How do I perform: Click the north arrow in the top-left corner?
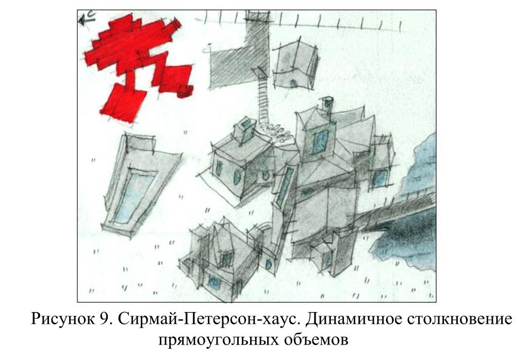tap(87, 19)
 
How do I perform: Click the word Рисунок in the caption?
tap(63, 319)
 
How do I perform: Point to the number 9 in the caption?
tap(104, 318)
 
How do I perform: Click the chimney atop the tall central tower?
tap(326, 104)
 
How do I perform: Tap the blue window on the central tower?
tap(320, 142)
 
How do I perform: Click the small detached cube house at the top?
tap(295, 66)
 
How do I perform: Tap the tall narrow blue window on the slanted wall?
tap(285, 187)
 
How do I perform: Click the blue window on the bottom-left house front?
tap(213, 282)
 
